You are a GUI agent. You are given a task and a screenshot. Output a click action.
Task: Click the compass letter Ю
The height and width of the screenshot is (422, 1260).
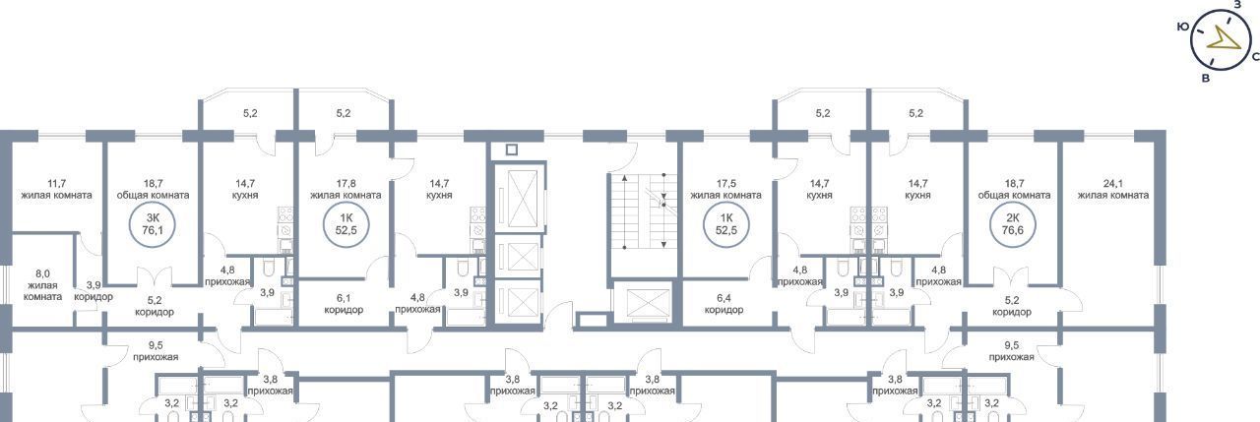[1182, 27]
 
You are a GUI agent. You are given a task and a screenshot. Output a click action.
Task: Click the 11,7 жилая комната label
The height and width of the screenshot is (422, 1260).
[56, 190]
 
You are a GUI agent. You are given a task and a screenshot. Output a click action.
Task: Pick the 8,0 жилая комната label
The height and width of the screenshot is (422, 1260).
[42, 285]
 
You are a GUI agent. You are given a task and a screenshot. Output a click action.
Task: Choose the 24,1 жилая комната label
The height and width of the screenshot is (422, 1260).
[1113, 190]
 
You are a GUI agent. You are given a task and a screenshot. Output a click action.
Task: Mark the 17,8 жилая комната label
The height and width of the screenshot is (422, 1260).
[346, 190]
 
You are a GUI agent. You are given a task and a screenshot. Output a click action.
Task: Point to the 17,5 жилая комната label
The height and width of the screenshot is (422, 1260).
[725, 190]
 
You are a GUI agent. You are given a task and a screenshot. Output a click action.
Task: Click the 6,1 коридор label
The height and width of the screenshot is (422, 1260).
[344, 304]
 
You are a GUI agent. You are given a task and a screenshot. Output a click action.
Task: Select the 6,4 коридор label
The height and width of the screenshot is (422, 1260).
[724, 304]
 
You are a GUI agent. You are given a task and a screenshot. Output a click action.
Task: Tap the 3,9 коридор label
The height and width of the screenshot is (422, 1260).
[94, 291]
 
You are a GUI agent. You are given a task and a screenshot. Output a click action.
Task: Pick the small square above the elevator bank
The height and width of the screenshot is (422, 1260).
[511, 150]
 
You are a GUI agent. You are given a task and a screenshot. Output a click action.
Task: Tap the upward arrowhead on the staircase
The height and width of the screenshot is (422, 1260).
[625, 178]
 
